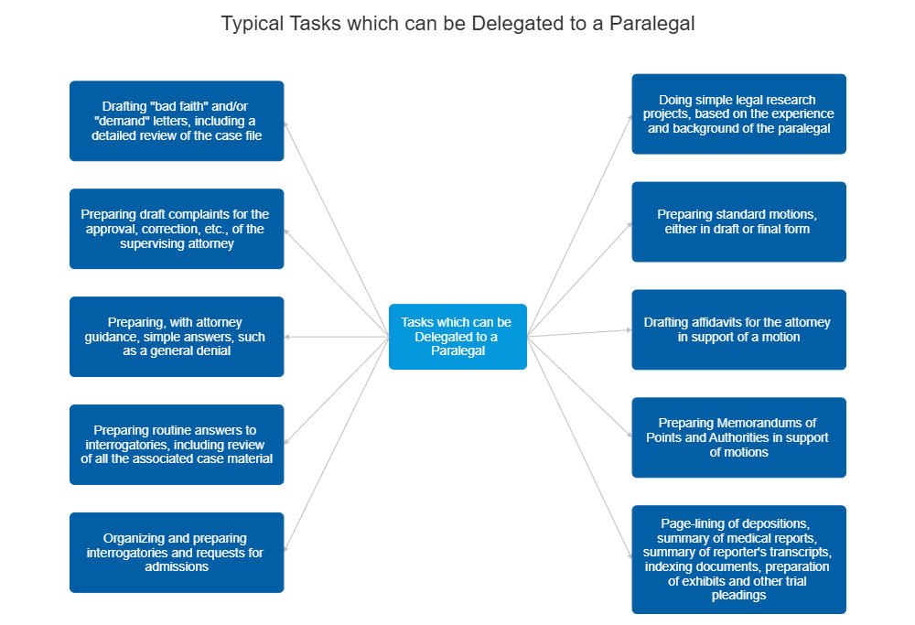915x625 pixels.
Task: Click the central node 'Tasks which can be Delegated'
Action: pos(457,337)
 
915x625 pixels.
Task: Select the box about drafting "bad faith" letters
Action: pos(177,121)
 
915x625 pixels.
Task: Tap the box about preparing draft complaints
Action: pos(177,229)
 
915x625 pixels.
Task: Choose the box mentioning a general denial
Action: pos(177,337)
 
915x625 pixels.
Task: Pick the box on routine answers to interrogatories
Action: pos(177,444)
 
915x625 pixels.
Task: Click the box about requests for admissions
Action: pos(177,552)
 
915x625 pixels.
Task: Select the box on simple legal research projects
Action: pos(738,113)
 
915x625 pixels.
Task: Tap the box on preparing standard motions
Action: pos(738,221)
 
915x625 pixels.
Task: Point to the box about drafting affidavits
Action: pos(738,329)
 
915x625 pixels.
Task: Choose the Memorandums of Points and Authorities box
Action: pos(738,437)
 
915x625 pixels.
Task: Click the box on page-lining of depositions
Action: pos(738,559)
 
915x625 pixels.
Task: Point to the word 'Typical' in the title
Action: pos(251,24)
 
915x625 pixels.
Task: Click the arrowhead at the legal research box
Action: pos(629,118)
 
